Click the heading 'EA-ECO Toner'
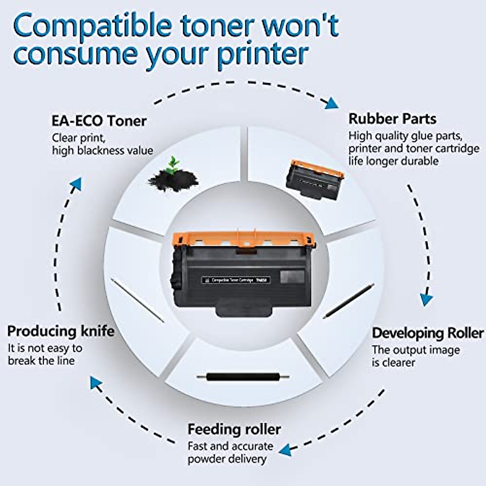99,121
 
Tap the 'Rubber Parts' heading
392,119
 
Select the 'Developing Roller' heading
427,333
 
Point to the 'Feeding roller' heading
234,429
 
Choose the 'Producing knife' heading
61,331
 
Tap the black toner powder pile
173,180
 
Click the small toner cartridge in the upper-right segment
314,180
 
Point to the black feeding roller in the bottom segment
243,377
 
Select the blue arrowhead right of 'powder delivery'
286,449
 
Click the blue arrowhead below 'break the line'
96,383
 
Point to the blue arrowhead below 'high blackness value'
76,184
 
